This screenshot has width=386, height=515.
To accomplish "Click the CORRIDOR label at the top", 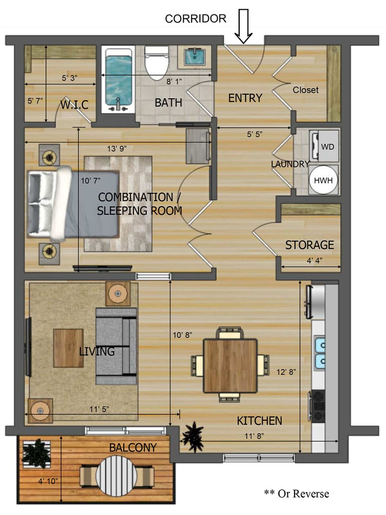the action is pyautogui.click(x=196, y=19).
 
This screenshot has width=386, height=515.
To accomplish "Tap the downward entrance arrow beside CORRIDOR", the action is pyautogui.click(x=244, y=26).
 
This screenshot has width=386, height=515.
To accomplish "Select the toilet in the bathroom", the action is pyautogui.click(x=157, y=63).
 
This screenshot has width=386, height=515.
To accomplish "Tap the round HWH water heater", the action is pyautogui.click(x=324, y=180).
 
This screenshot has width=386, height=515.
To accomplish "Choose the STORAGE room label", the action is pyautogui.click(x=309, y=245).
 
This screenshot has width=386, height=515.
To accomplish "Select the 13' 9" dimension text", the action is pyautogui.click(x=117, y=148).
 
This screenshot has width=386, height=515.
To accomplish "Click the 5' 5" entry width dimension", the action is pyautogui.click(x=255, y=134).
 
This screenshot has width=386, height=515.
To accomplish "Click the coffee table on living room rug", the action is pyautogui.click(x=69, y=348).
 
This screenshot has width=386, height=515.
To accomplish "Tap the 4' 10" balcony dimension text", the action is pyautogui.click(x=48, y=481).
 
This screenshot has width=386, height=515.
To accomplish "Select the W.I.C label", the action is pyautogui.click(x=75, y=105).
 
